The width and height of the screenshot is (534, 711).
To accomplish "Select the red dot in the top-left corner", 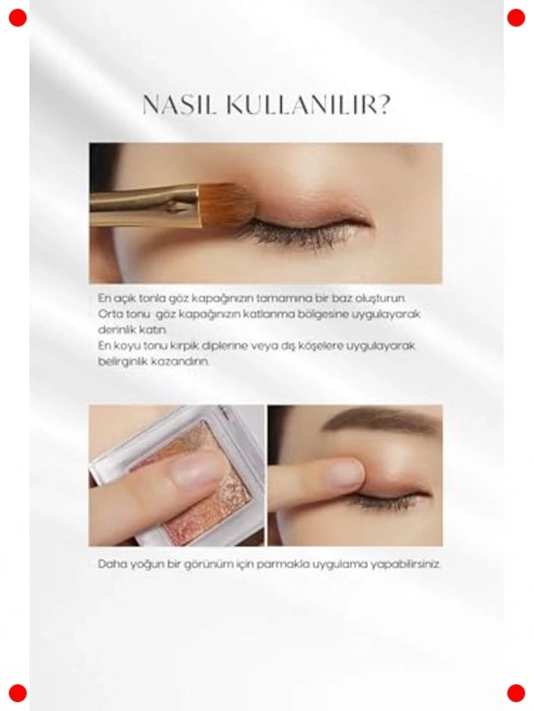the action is (x=18, y=18).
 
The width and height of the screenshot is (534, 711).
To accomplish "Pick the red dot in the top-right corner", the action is (x=516, y=18).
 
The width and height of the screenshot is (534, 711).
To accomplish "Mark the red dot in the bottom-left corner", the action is (x=18, y=693).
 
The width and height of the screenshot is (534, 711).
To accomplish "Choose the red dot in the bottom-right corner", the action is (x=516, y=693).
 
